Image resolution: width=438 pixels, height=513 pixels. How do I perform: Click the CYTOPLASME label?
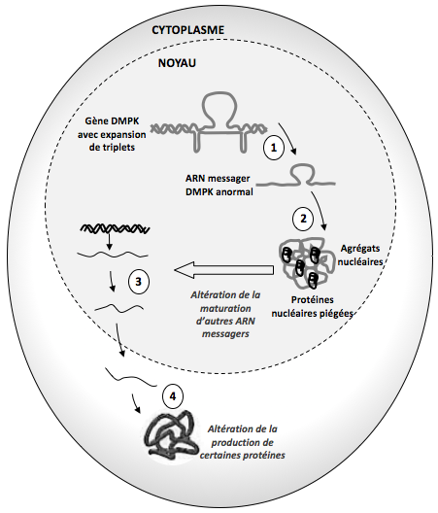(x=188, y=30)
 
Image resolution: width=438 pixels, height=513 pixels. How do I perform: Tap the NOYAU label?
(x=177, y=63)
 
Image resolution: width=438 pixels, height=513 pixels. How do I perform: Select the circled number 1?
(x=274, y=148)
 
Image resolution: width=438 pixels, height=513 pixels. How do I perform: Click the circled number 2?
(x=303, y=219)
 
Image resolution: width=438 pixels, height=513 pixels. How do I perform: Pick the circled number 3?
(x=138, y=282)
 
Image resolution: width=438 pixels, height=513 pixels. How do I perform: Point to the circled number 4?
(x=173, y=396)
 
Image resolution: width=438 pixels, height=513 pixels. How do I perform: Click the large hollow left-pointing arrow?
(x=224, y=270)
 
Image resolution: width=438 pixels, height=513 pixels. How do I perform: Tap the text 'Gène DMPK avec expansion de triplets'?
(x=112, y=134)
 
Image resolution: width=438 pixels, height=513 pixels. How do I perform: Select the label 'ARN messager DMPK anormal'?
(x=219, y=185)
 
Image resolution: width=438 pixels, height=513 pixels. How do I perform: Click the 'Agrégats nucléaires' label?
(x=361, y=255)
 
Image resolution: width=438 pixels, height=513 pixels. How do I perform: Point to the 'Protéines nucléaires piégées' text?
(x=313, y=307)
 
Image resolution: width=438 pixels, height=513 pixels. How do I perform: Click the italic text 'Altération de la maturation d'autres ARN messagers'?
(x=225, y=315)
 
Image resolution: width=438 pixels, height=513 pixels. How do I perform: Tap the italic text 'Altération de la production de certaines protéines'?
(x=243, y=442)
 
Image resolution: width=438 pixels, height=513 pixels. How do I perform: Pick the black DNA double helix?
(x=116, y=229)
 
